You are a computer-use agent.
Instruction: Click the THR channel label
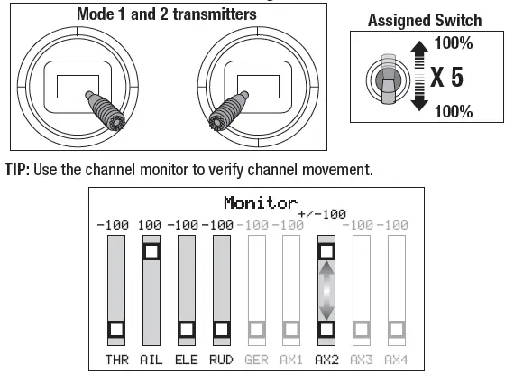click(x=116, y=360)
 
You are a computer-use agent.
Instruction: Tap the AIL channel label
click(x=151, y=360)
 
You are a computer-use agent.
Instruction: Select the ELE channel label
click(x=186, y=360)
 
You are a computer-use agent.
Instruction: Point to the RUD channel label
click(x=221, y=360)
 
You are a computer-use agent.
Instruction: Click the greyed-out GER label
click(x=256, y=360)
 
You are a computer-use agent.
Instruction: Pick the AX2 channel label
click(x=326, y=360)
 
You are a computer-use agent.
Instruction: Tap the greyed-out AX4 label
click(x=396, y=360)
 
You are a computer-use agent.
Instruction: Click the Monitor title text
click(x=261, y=202)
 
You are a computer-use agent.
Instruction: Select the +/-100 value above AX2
click(x=322, y=214)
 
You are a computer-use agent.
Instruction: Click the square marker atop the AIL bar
click(x=151, y=251)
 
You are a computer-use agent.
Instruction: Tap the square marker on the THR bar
click(x=116, y=329)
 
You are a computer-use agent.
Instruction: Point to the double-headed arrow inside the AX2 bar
click(x=326, y=290)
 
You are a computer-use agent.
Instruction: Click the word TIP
click(x=17, y=170)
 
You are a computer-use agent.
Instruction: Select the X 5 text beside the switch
click(x=446, y=77)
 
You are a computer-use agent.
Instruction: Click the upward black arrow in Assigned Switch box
click(x=419, y=54)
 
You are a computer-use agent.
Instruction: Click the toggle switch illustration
click(x=388, y=79)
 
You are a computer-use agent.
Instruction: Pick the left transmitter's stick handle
click(x=106, y=110)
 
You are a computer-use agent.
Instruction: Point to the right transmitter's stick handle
click(x=228, y=110)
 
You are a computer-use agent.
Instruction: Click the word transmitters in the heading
click(x=215, y=14)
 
